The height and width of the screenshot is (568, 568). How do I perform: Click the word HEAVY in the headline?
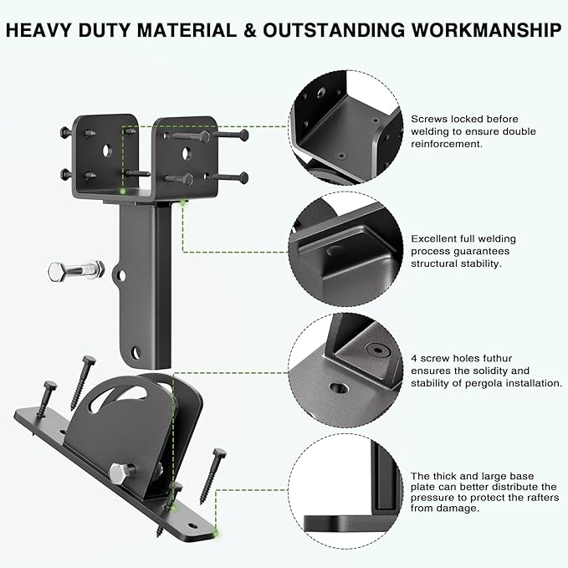tap(38, 30)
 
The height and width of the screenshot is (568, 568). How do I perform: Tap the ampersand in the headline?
tap(250, 30)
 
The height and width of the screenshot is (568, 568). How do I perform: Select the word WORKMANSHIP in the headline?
tap(486, 30)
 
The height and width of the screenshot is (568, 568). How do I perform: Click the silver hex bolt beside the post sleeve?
tap(76, 270)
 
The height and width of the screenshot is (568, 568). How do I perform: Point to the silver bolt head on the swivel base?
tap(119, 473)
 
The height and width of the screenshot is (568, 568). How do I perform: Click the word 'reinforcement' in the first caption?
tap(446, 144)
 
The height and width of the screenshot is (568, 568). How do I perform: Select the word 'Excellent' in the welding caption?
tap(433, 238)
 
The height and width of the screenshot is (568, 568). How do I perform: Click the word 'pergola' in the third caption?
tap(484, 383)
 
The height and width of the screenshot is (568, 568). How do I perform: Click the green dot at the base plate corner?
tap(216, 533)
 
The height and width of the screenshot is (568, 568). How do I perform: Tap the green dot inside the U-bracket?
tap(123, 191)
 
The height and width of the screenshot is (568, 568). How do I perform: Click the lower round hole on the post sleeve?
tap(136, 351)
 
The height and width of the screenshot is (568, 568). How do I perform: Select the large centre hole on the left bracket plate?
tap(107, 150)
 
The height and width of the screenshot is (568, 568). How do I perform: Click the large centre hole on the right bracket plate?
tap(186, 154)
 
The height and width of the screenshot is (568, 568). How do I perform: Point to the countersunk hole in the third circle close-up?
tap(339, 388)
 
